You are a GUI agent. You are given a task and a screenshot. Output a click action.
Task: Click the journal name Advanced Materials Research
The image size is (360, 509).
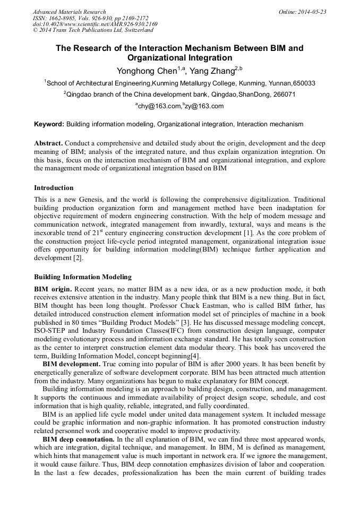click(x=69, y=12)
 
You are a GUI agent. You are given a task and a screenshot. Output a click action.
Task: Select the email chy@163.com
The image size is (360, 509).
click(x=159, y=106)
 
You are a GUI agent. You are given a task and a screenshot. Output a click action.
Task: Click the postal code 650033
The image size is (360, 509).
click(x=304, y=83)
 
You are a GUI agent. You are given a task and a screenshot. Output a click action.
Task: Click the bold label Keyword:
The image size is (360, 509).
click(x=49, y=124)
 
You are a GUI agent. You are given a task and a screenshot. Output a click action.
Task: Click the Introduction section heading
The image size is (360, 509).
click(x=54, y=188)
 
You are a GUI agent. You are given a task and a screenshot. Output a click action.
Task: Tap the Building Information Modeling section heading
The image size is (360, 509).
click(x=83, y=277)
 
